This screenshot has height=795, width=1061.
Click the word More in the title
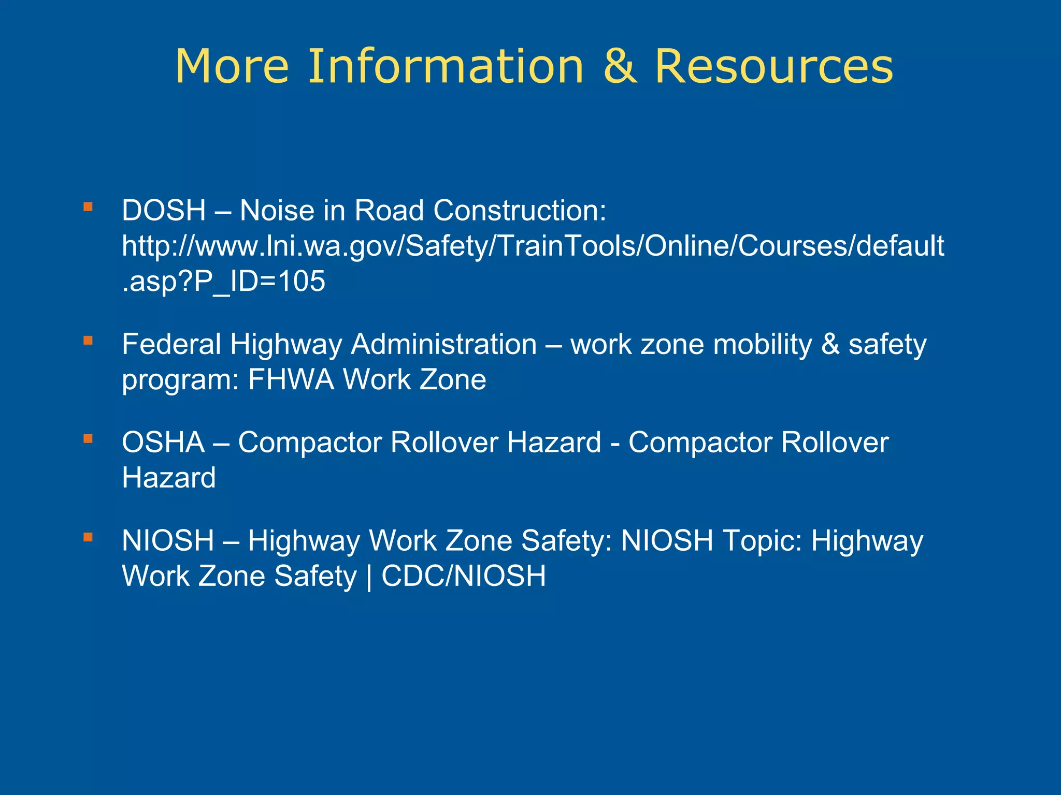[232, 66]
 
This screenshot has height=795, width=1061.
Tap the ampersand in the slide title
[620, 66]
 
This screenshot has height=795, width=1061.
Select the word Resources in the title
[774, 66]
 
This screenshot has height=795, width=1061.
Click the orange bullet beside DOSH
[88, 207]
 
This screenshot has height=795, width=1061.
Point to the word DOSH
[164, 211]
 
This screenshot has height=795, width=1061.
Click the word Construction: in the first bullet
[520, 211]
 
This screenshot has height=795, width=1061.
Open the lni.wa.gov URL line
[533, 246]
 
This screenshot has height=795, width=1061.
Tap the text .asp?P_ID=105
[223, 282]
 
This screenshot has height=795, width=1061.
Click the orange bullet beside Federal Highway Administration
[88, 341]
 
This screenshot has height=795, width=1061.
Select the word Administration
[443, 344]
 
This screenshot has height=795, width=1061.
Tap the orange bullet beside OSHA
[88, 439]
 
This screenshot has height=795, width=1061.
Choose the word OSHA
[163, 443]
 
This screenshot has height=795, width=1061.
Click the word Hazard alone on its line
[169, 478]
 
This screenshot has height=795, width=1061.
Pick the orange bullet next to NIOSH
[88, 537]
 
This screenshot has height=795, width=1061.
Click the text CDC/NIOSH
[464, 576]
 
